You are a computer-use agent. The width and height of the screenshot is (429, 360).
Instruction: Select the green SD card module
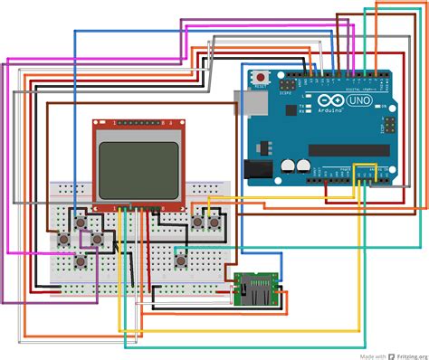pyautogui.click(x=256, y=289)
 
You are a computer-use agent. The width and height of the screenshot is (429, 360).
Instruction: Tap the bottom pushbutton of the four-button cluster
pyautogui.click(x=81, y=261)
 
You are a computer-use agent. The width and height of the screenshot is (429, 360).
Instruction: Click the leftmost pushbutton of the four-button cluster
pyautogui.click(x=65, y=240)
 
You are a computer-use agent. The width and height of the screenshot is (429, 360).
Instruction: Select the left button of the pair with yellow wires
pyautogui.click(x=197, y=221)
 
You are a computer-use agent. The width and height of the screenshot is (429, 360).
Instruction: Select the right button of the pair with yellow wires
pyautogui.click(x=214, y=221)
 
